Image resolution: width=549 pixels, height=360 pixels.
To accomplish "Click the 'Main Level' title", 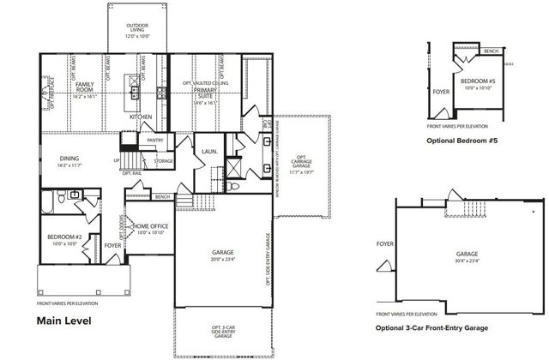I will [63, 321].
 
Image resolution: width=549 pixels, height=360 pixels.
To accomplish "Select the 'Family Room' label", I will [84, 87].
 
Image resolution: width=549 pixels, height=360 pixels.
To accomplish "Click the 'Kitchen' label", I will [140, 117].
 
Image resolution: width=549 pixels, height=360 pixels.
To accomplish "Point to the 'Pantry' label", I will [155, 140].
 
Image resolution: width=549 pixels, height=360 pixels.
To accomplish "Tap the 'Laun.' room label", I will [208, 153].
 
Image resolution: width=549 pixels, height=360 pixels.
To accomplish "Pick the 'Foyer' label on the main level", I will [112, 245].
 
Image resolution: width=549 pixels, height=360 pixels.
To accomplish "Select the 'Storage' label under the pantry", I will [163, 160].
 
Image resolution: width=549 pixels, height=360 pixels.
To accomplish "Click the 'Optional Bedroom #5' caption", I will [461, 140].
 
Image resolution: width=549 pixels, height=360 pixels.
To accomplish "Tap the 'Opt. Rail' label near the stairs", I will [132, 174].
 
